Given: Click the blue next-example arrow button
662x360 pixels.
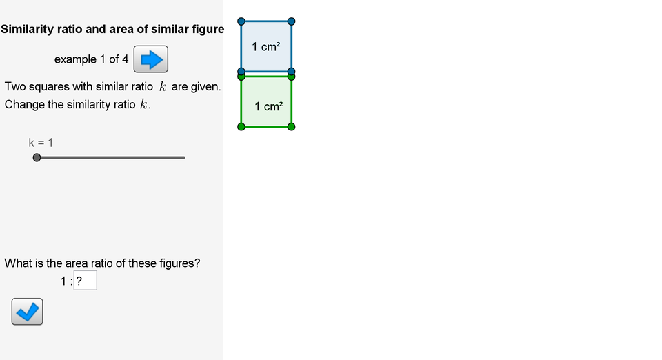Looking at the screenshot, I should tap(150, 59).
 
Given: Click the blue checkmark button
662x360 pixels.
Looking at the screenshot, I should tap(27, 312).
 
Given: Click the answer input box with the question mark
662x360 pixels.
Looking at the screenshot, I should tap(85, 281).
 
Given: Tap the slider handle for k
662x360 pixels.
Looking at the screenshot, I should tap(37, 158).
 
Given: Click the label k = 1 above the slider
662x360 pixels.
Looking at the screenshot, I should tap(41, 143).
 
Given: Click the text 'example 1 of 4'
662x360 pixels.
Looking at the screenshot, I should tap(91, 59).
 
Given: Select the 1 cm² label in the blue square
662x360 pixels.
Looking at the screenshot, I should tap(266, 47).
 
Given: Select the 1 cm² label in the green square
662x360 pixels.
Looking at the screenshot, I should tap(268, 106).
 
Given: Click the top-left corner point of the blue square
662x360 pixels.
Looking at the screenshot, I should tap(241, 21).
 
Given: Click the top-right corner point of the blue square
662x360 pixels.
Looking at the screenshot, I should tap(292, 21).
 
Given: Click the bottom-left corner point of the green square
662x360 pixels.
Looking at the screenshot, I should tap(241, 126).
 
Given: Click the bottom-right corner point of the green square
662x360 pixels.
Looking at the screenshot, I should tap(292, 126).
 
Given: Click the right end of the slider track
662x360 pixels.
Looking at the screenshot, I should tap(184, 158).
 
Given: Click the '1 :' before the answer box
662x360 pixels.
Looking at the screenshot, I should tap(66, 281).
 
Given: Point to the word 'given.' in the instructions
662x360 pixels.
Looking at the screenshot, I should tap(205, 87).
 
